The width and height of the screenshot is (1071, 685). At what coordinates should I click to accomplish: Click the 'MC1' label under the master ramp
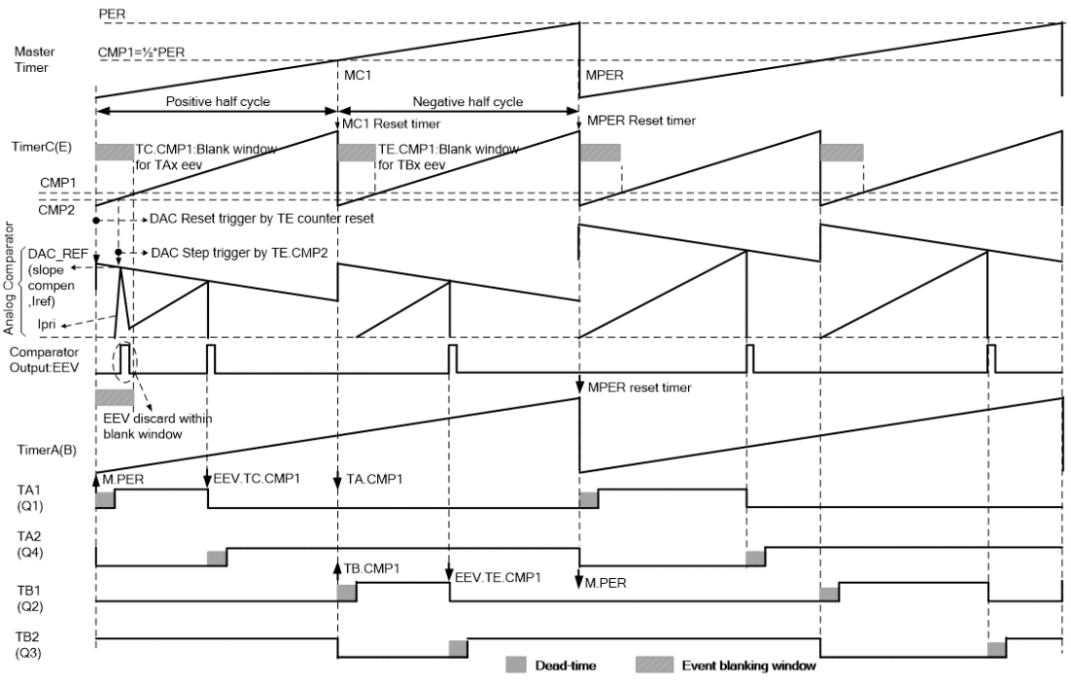358,73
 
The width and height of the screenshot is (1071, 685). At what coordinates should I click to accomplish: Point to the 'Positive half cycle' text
216,101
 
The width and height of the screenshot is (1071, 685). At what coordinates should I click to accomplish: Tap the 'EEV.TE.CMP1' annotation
499,576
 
